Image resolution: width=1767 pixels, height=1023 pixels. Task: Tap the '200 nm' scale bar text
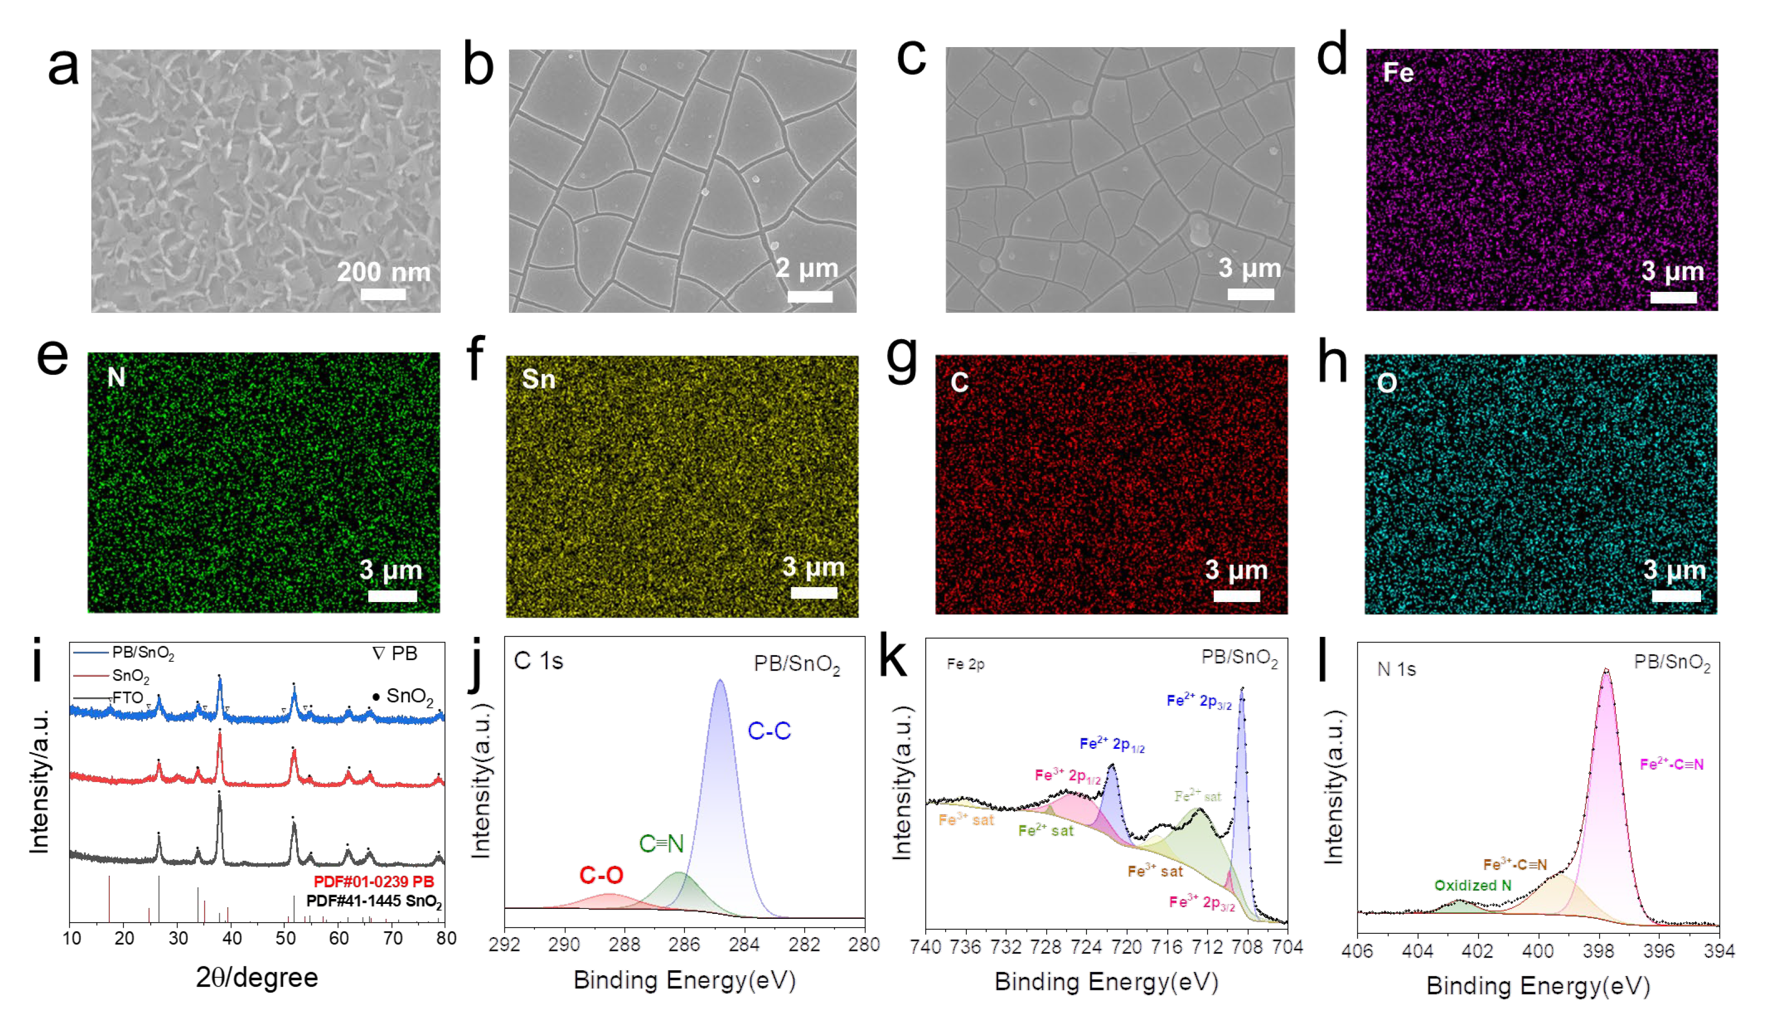click(x=384, y=271)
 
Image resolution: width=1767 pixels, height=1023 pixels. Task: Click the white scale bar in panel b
click(x=810, y=296)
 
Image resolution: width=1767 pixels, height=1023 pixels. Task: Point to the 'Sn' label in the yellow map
click(x=538, y=379)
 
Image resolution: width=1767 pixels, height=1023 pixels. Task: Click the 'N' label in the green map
click(x=116, y=378)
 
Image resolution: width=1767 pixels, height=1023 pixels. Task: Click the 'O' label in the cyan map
click(x=1387, y=383)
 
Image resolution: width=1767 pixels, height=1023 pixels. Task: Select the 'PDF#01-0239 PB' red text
click(x=373, y=881)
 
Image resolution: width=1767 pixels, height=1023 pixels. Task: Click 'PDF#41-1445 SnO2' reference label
click(x=374, y=901)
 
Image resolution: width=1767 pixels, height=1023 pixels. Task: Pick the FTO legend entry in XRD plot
click(x=126, y=698)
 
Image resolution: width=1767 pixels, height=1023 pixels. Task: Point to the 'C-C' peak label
click(x=769, y=731)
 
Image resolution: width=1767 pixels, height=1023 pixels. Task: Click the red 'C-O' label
click(x=601, y=875)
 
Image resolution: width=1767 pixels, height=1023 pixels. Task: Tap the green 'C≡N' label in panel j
click(x=661, y=844)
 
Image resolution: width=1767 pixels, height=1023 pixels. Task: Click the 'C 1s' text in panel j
click(x=538, y=661)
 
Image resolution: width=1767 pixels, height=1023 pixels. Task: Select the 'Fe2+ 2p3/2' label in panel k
click(x=1198, y=701)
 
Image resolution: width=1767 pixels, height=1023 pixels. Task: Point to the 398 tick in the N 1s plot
click(x=1598, y=951)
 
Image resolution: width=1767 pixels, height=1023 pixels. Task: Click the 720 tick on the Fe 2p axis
click(x=1127, y=947)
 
